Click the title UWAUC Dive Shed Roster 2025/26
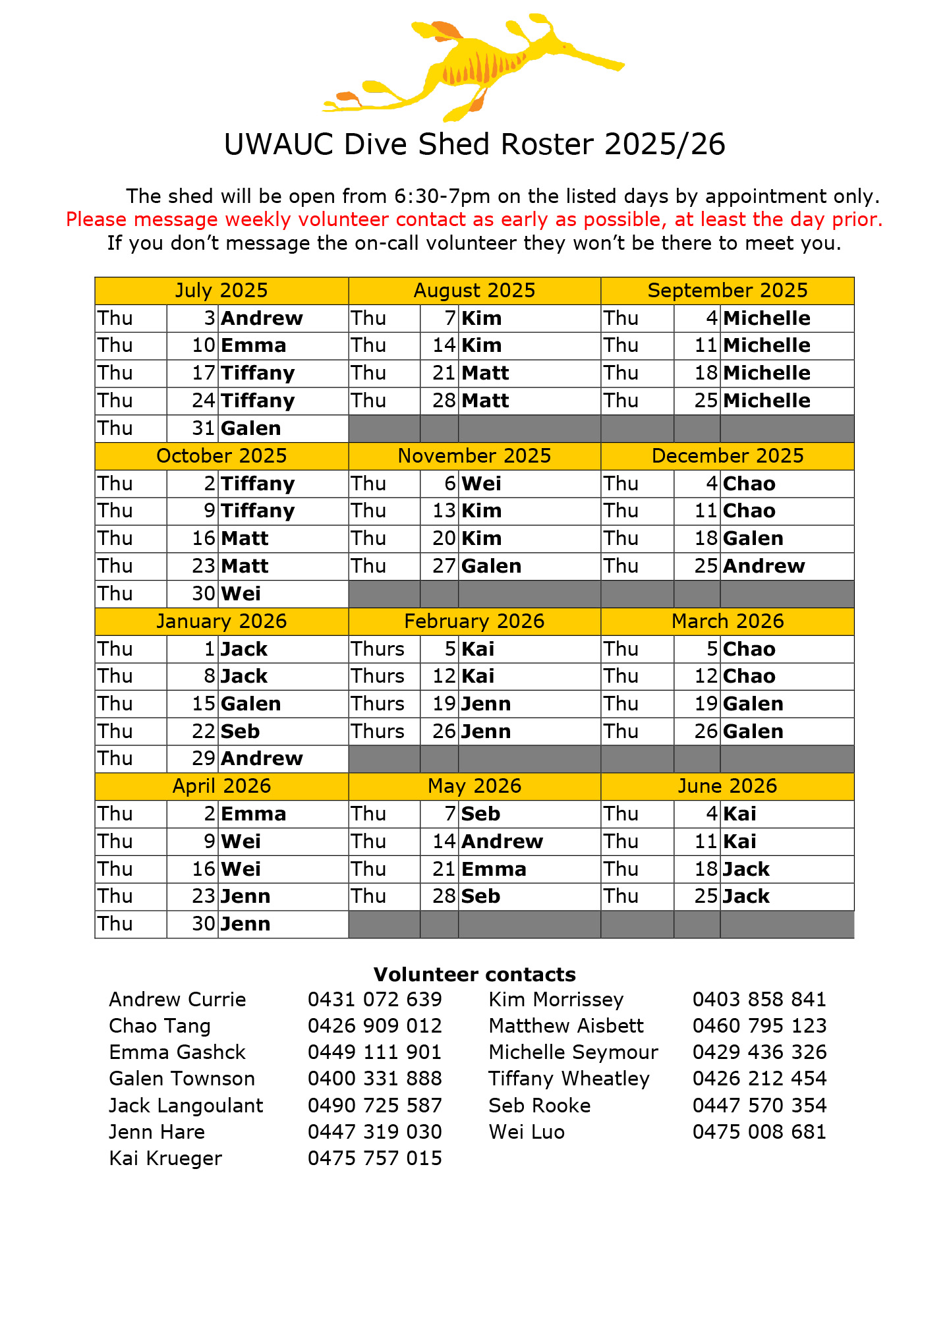474,144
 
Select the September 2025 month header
727,291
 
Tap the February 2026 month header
474,621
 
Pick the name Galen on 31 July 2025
251,428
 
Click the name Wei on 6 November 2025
481,484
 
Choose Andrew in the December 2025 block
764,566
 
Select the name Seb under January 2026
241,731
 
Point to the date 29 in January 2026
204,758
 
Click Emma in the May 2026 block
494,869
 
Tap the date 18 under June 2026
706,869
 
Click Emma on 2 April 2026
254,814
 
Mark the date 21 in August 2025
444,373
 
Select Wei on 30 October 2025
241,594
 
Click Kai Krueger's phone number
374,1158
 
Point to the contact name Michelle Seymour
573,1052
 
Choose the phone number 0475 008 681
759,1131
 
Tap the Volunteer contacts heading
474,975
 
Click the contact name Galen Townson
182,1079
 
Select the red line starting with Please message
474,219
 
